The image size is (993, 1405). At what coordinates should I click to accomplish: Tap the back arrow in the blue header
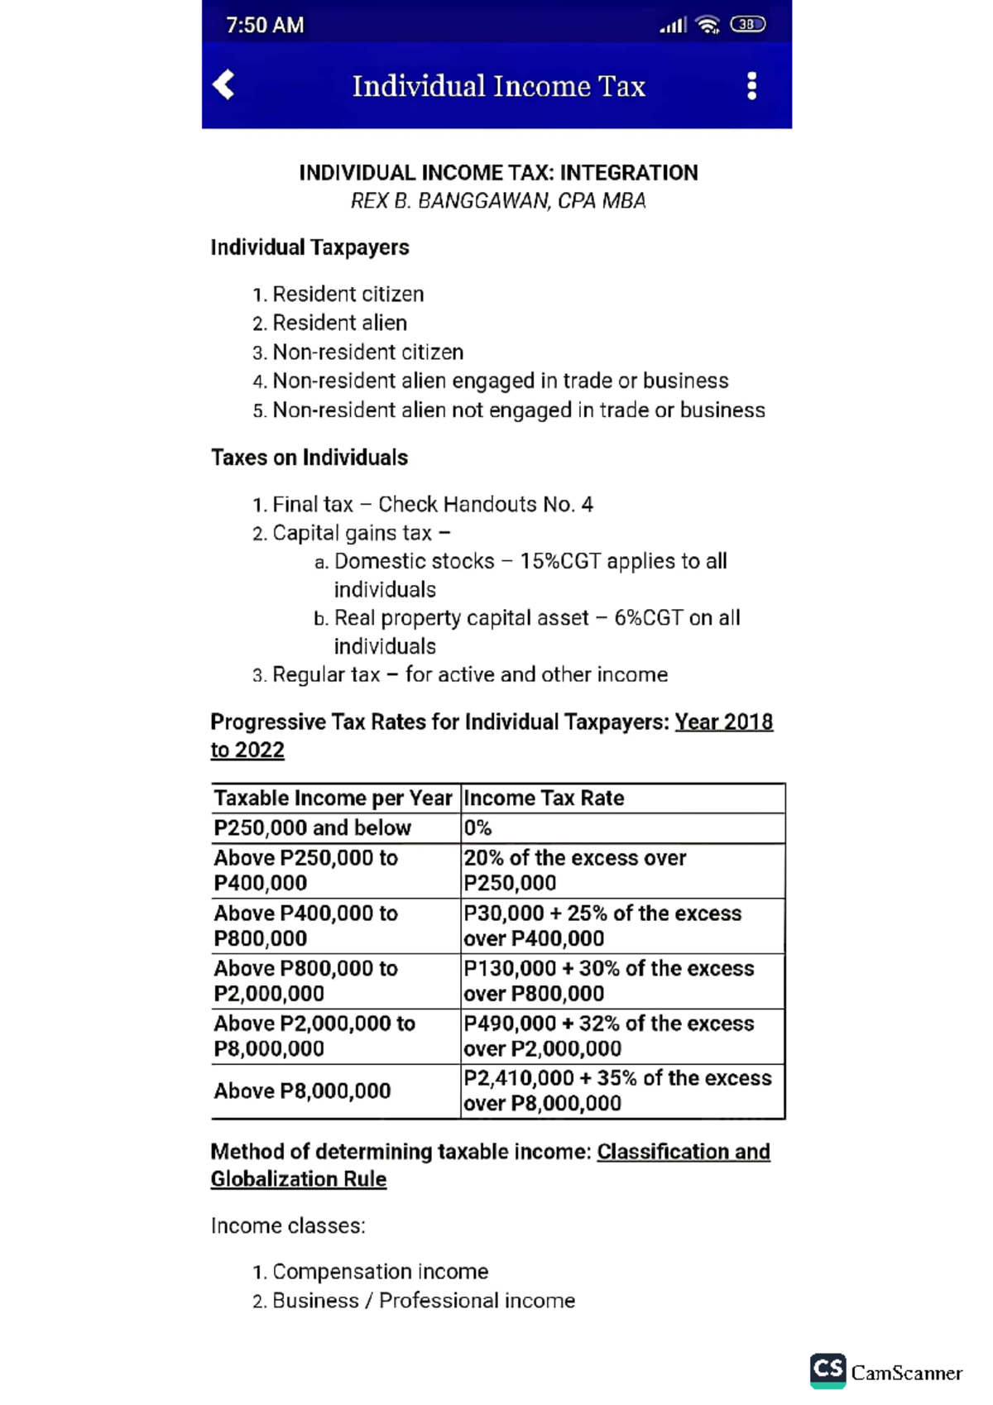click(223, 84)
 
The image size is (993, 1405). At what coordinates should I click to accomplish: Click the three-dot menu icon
click(751, 86)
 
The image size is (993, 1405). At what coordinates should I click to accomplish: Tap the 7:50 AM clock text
click(265, 26)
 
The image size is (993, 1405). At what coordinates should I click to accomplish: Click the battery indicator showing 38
click(747, 25)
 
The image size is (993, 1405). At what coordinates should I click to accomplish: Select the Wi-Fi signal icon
click(708, 26)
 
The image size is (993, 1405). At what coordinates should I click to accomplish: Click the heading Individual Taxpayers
click(309, 247)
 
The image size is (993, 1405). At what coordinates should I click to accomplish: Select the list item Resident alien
click(339, 323)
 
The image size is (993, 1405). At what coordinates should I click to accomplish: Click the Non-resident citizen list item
click(367, 352)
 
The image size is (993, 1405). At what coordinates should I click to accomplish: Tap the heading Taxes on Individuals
click(309, 458)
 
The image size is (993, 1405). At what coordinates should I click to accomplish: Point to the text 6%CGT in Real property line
click(648, 618)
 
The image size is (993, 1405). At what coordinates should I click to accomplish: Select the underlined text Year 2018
click(723, 722)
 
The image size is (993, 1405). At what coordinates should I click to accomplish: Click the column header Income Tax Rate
click(544, 798)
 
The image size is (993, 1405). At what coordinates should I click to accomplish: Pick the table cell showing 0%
click(477, 827)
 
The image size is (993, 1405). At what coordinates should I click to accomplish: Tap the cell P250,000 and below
click(312, 827)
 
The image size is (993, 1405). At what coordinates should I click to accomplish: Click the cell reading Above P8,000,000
click(302, 1091)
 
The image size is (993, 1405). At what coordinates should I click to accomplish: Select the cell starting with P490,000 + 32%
click(608, 1035)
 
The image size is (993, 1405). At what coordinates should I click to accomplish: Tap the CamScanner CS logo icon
click(827, 1370)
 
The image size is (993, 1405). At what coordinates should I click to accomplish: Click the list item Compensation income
click(380, 1271)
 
